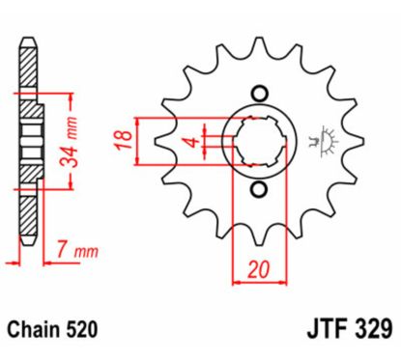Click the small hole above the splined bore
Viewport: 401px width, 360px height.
(258, 94)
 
